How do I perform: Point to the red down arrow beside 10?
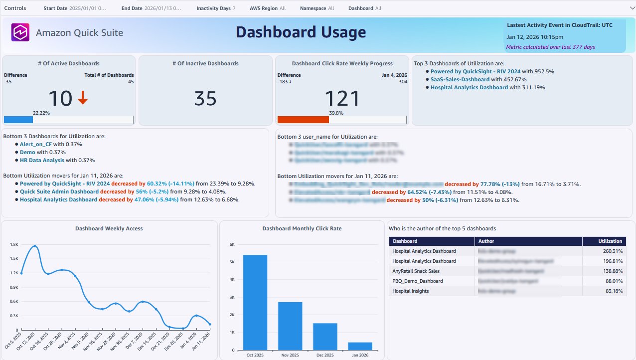tap(83, 98)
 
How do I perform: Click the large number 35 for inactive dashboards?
tap(205, 99)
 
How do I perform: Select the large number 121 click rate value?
tap(342, 99)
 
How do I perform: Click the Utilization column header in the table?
tap(611, 241)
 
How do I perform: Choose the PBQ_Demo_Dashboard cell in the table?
tap(417, 281)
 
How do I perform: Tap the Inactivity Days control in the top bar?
tap(216, 8)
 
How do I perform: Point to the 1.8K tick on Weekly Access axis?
tap(14, 245)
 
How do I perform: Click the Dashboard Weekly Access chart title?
tap(109, 228)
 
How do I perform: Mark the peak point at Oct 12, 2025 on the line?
tap(35, 246)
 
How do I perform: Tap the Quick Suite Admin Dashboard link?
tap(59, 191)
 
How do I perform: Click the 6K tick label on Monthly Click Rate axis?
tap(232, 245)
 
